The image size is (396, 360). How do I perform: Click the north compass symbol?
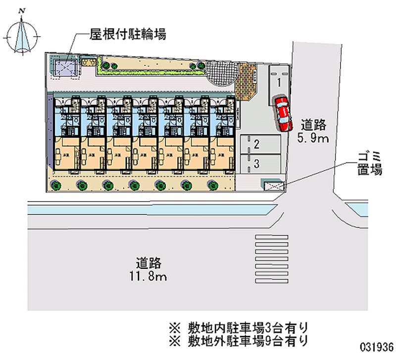[21, 36]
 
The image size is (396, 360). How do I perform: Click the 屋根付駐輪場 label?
[127, 34]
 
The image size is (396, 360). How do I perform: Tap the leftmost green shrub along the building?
[56, 186]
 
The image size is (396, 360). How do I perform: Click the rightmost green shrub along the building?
[213, 186]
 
